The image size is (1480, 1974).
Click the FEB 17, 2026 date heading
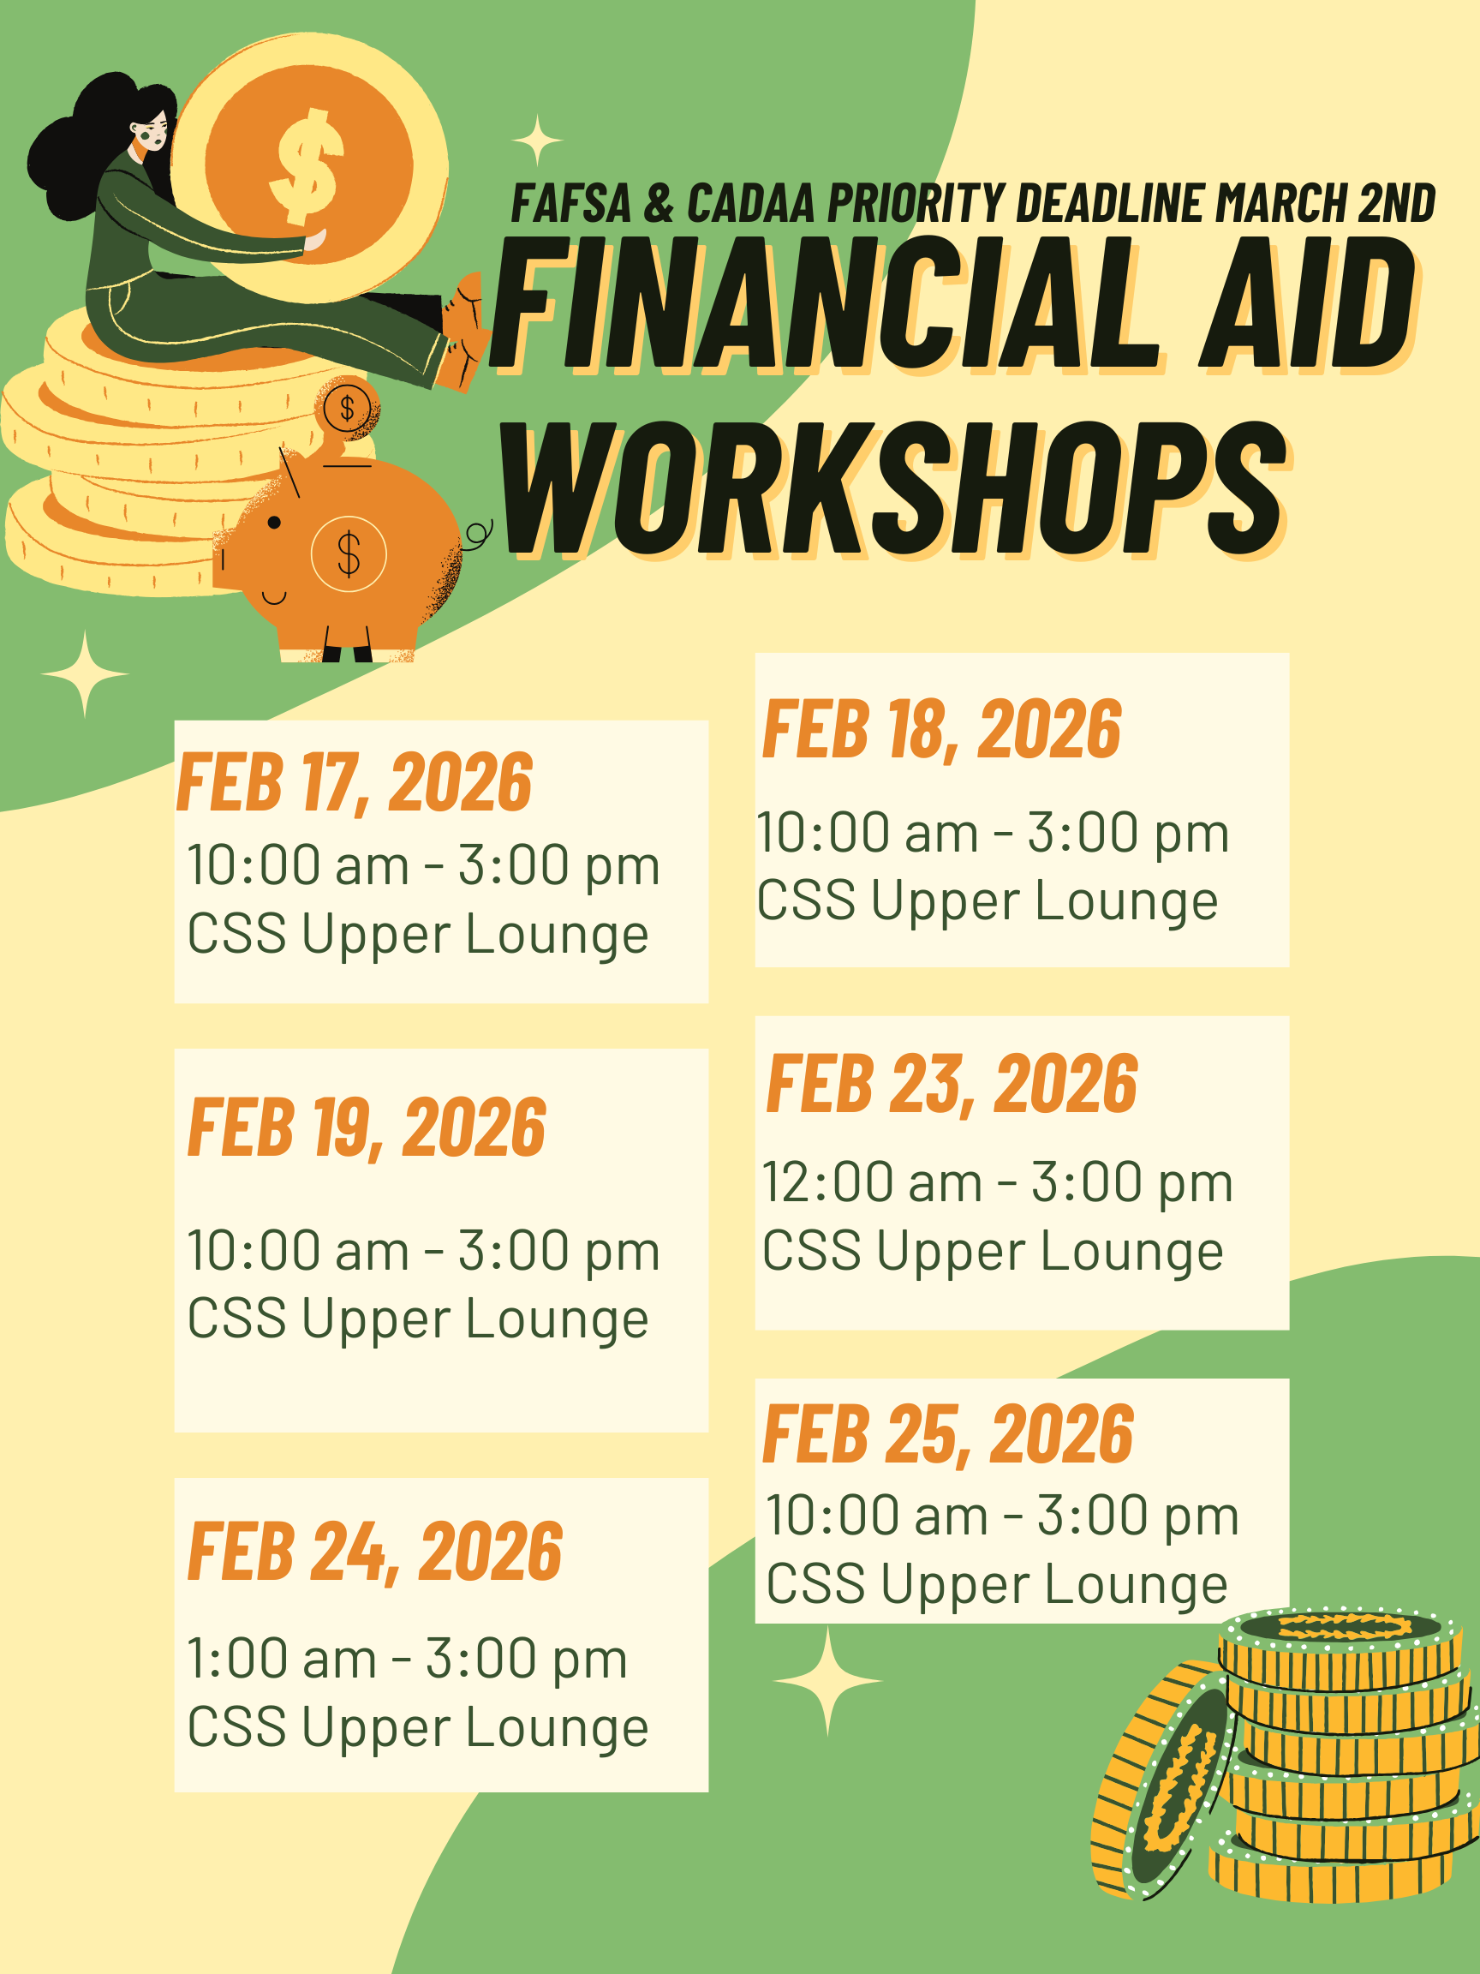coord(355,782)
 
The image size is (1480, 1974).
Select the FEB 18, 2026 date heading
coord(941,730)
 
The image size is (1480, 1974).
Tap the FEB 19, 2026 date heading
coord(366,1128)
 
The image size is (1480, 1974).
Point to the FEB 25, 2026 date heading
coord(947,1434)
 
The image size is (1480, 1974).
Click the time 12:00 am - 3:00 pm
coord(997,1182)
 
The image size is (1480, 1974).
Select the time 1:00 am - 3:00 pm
coord(407,1660)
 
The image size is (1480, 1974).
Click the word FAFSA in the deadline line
coord(571,202)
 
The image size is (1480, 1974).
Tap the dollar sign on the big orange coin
coord(307,166)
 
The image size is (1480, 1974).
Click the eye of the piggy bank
coord(274,522)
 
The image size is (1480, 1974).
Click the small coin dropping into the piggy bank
coord(347,408)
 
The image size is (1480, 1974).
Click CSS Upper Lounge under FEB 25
coord(996,1586)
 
